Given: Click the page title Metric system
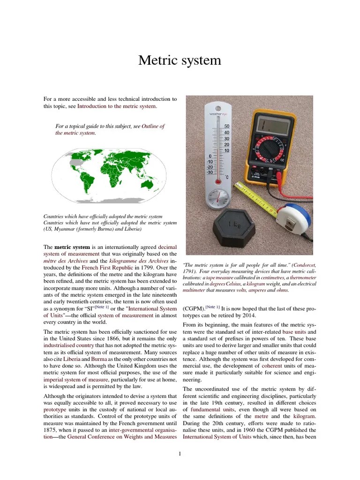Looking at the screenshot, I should click(x=180, y=61).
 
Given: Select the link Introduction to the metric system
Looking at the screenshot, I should click(x=117, y=106).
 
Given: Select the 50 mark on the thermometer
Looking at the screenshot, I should click(x=227, y=127).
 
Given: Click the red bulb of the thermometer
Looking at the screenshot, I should click(x=217, y=181).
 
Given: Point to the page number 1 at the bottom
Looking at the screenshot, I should click(x=180, y=453).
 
